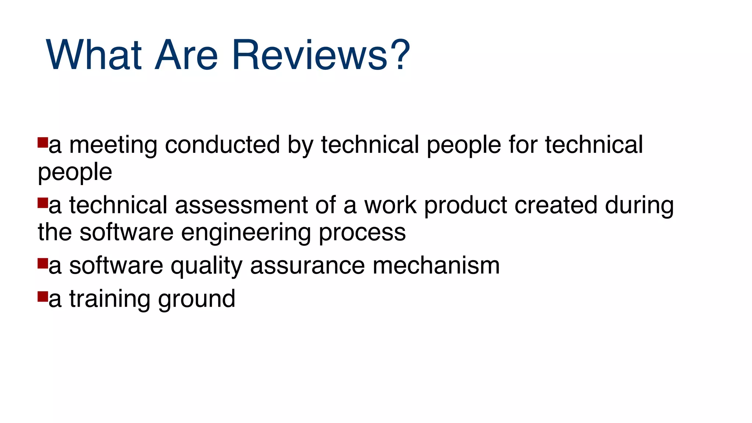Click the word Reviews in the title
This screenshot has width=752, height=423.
(x=310, y=55)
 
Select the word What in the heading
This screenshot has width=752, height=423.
(x=94, y=55)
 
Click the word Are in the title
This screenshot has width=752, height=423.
(x=187, y=55)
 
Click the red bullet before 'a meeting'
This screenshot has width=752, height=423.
(x=43, y=142)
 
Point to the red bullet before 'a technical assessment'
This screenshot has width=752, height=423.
(x=43, y=203)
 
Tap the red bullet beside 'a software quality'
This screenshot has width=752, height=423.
(x=43, y=263)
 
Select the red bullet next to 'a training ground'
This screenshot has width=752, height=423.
(x=43, y=296)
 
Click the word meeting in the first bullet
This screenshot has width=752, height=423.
(x=113, y=145)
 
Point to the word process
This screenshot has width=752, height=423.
(x=362, y=233)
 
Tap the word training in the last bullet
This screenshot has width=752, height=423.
(x=110, y=299)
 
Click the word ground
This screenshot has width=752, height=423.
(x=197, y=299)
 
